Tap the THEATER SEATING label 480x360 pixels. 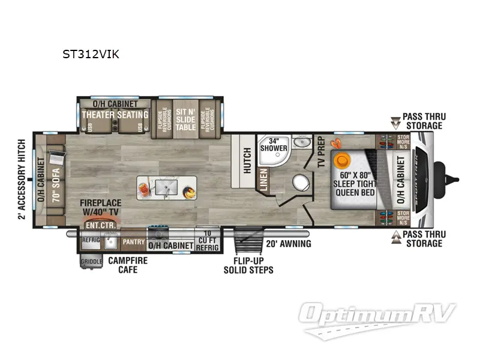[x=115, y=115]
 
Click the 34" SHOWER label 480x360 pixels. [x=274, y=145]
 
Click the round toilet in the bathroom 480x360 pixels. [x=298, y=181]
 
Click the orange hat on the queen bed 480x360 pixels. [x=343, y=160]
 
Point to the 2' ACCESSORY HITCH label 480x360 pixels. [x=22, y=180]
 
